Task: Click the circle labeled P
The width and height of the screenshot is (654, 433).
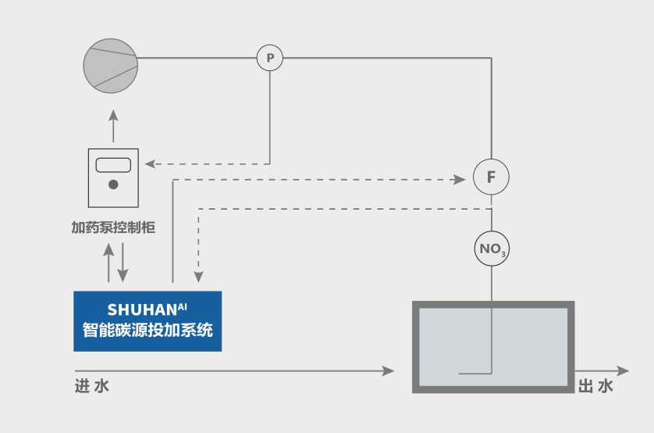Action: point(270,57)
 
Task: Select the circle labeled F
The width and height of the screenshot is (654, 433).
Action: point(491,177)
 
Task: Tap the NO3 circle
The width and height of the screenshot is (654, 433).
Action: point(492,249)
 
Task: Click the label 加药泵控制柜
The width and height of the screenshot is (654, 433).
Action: point(113,227)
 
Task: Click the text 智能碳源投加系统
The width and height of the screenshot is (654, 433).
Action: point(148,330)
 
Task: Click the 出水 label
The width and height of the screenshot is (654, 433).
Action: point(595,386)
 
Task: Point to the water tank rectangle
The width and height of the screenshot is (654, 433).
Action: point(492,346)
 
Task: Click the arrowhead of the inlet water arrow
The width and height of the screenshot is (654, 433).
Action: point(389,370)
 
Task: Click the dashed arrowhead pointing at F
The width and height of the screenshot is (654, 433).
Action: point(460,179)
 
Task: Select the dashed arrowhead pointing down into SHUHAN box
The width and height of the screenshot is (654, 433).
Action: point(199,277)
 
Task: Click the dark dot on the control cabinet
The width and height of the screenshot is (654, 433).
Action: point(113,185)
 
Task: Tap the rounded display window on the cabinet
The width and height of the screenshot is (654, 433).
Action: point(113,165)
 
